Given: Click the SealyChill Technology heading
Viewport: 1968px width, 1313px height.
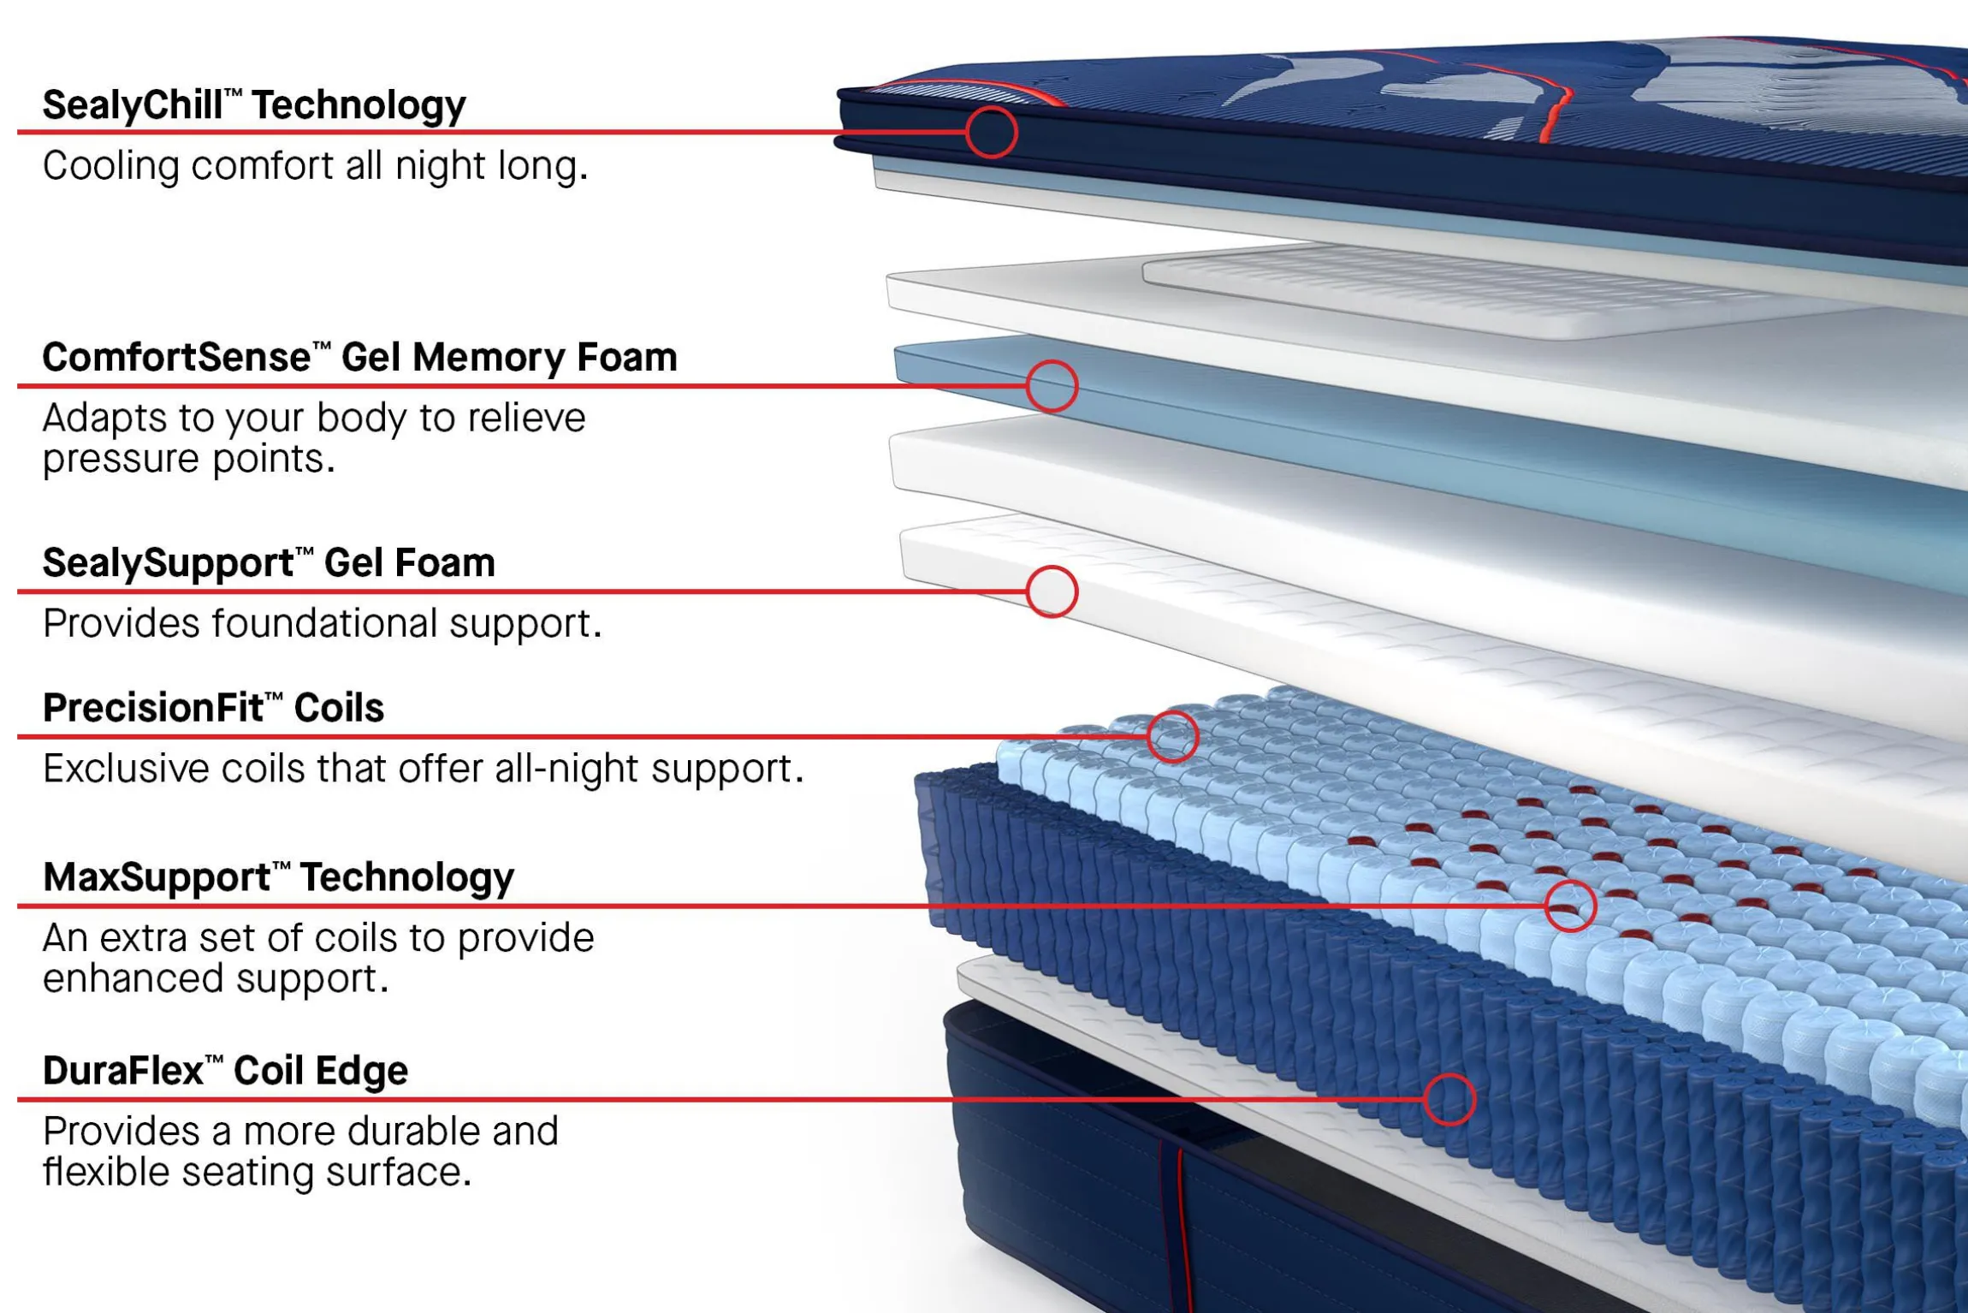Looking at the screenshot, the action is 254,106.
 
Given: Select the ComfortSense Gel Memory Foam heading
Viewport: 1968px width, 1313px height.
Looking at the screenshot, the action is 359,357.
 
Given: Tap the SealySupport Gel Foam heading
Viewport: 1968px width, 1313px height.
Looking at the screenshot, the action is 269,563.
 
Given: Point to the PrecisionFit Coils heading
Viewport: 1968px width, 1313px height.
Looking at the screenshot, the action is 213,708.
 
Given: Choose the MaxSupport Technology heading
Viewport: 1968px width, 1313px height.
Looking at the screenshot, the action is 278,878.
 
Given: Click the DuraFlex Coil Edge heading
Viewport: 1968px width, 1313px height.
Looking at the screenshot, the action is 225,1071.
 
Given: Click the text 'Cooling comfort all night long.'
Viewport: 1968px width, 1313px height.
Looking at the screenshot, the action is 316,166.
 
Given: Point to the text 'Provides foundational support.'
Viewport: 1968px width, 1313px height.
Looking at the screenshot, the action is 323,623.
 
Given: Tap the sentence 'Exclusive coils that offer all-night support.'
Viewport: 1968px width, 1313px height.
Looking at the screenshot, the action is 424,769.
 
